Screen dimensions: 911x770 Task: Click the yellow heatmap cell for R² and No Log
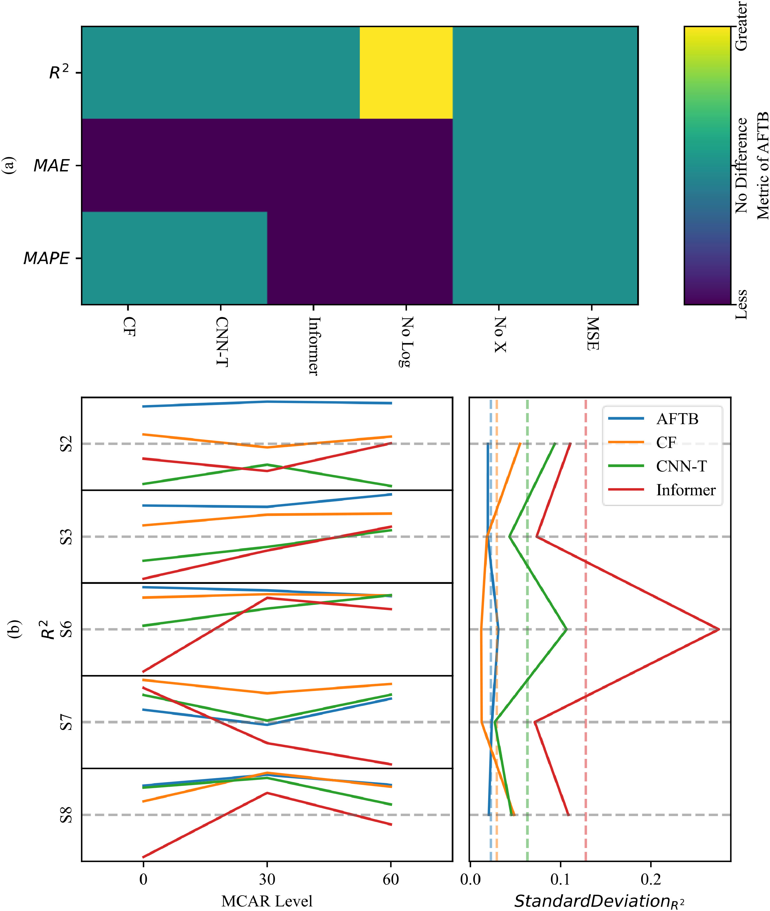coord(406,72)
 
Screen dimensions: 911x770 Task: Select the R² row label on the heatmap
coord(59,72)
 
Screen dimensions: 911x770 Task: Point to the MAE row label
coord(52,166)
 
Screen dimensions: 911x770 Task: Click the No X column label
coord(499,335)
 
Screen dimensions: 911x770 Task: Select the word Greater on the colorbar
coord(741,26)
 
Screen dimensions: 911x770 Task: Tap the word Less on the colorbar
coord(741,304)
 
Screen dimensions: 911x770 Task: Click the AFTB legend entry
coord(677,419)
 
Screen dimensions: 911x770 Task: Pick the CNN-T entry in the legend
coord(681,467)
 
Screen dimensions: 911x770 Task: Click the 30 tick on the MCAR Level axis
coord(267,879)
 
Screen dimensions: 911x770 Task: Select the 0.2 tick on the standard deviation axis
coord(650,879)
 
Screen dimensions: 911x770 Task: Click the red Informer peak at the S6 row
coord(718,629)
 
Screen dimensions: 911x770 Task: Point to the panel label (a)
coord(9,166)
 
